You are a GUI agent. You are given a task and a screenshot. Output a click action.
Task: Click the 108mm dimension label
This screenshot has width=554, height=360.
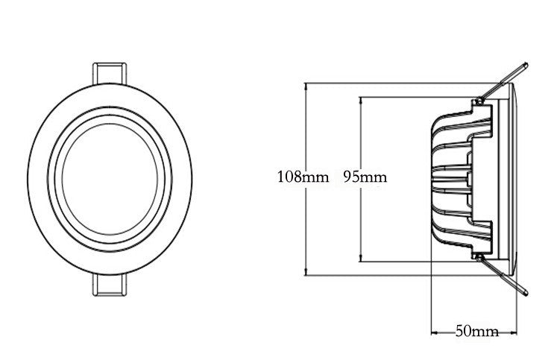pyautogui.click(x=303, y=177)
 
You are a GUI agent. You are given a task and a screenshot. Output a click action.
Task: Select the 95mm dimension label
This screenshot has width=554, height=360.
pyautogui.click(x=365, y=177)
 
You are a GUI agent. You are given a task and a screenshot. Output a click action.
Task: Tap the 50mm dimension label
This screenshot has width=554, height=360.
pyautogui.click(x=476, y=331)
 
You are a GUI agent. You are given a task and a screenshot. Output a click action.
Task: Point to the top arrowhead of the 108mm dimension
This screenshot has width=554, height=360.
pyautogui.click(x=306, y=86)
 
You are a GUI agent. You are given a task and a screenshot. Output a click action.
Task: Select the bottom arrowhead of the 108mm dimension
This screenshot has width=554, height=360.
pyautogui.click(x=306, y=272)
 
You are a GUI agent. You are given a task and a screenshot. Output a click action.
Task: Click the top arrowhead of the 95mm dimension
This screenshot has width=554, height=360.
pyautogui.click(x=361, y=100)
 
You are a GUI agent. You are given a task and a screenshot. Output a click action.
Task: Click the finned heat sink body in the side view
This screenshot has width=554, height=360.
pyautogui.click(x=455, y=179)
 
